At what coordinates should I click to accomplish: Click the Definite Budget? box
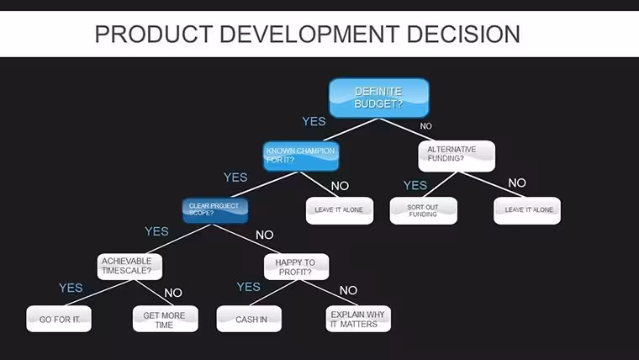tap(379, 98)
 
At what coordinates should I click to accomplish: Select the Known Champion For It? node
tap(301, 156)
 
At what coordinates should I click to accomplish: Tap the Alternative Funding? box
tap(457, 156)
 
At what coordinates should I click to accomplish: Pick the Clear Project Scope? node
tap(215, 210)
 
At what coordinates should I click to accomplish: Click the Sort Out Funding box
tap(423, 211)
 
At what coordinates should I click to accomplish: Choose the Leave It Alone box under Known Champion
tap(340, 211)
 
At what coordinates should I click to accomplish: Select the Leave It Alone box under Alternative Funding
tap(527, 211)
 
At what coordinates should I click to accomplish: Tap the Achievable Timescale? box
tap(129, 267)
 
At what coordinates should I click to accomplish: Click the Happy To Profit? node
tap(296, 267)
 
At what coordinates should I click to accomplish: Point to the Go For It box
tap(59, 319)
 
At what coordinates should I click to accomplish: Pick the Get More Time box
tap(166, 319)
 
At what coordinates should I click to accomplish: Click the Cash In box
tap(249, 319)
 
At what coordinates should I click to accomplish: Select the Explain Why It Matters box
tap(358, 319)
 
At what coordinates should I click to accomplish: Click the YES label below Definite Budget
tap(314, 121)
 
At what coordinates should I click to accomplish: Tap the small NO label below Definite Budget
tap(426, 126)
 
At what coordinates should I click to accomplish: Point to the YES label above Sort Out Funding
tap(415, 186)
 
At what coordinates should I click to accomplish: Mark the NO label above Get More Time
tap(173, 293)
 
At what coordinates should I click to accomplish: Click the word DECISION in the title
tap(463, 34)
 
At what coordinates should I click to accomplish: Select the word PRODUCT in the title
tap(154, 34)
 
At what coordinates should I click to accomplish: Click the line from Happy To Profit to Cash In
tap(273, 293)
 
